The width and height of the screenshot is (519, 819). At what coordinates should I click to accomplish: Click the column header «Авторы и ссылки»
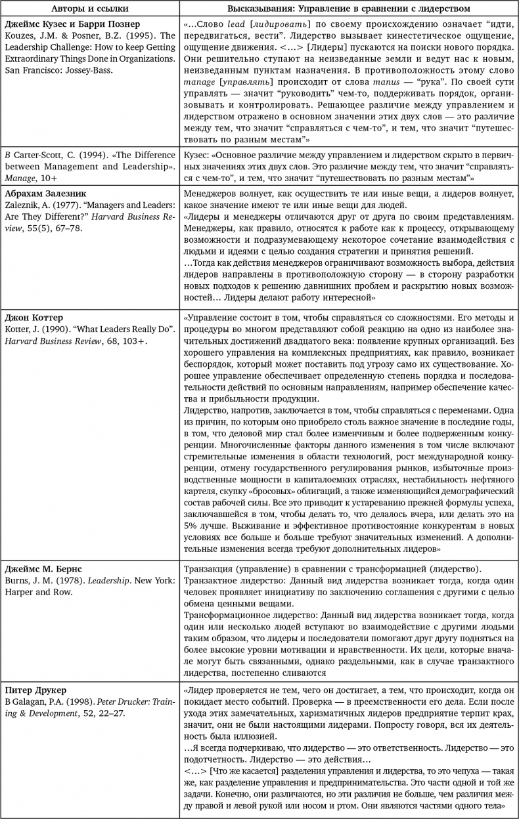click(91, 9)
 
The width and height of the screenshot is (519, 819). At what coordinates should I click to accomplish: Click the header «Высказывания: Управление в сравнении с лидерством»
click(349, 9)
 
